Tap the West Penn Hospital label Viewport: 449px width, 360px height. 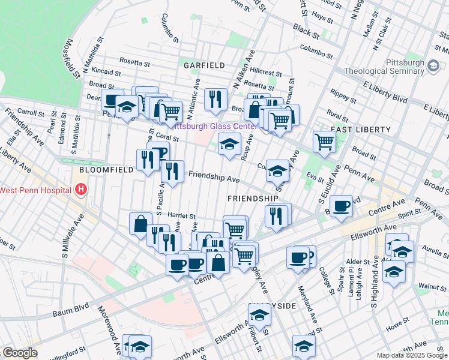(x=37, y=190)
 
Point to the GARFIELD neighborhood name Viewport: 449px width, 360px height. (x=204, y=65)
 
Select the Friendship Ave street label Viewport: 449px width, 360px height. (x=214, y=178)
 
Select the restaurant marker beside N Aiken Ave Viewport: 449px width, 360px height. (x=215, y=98)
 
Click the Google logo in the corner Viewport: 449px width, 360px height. (x=19, y=353)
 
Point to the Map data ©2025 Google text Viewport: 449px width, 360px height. (x=412, y=355)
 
